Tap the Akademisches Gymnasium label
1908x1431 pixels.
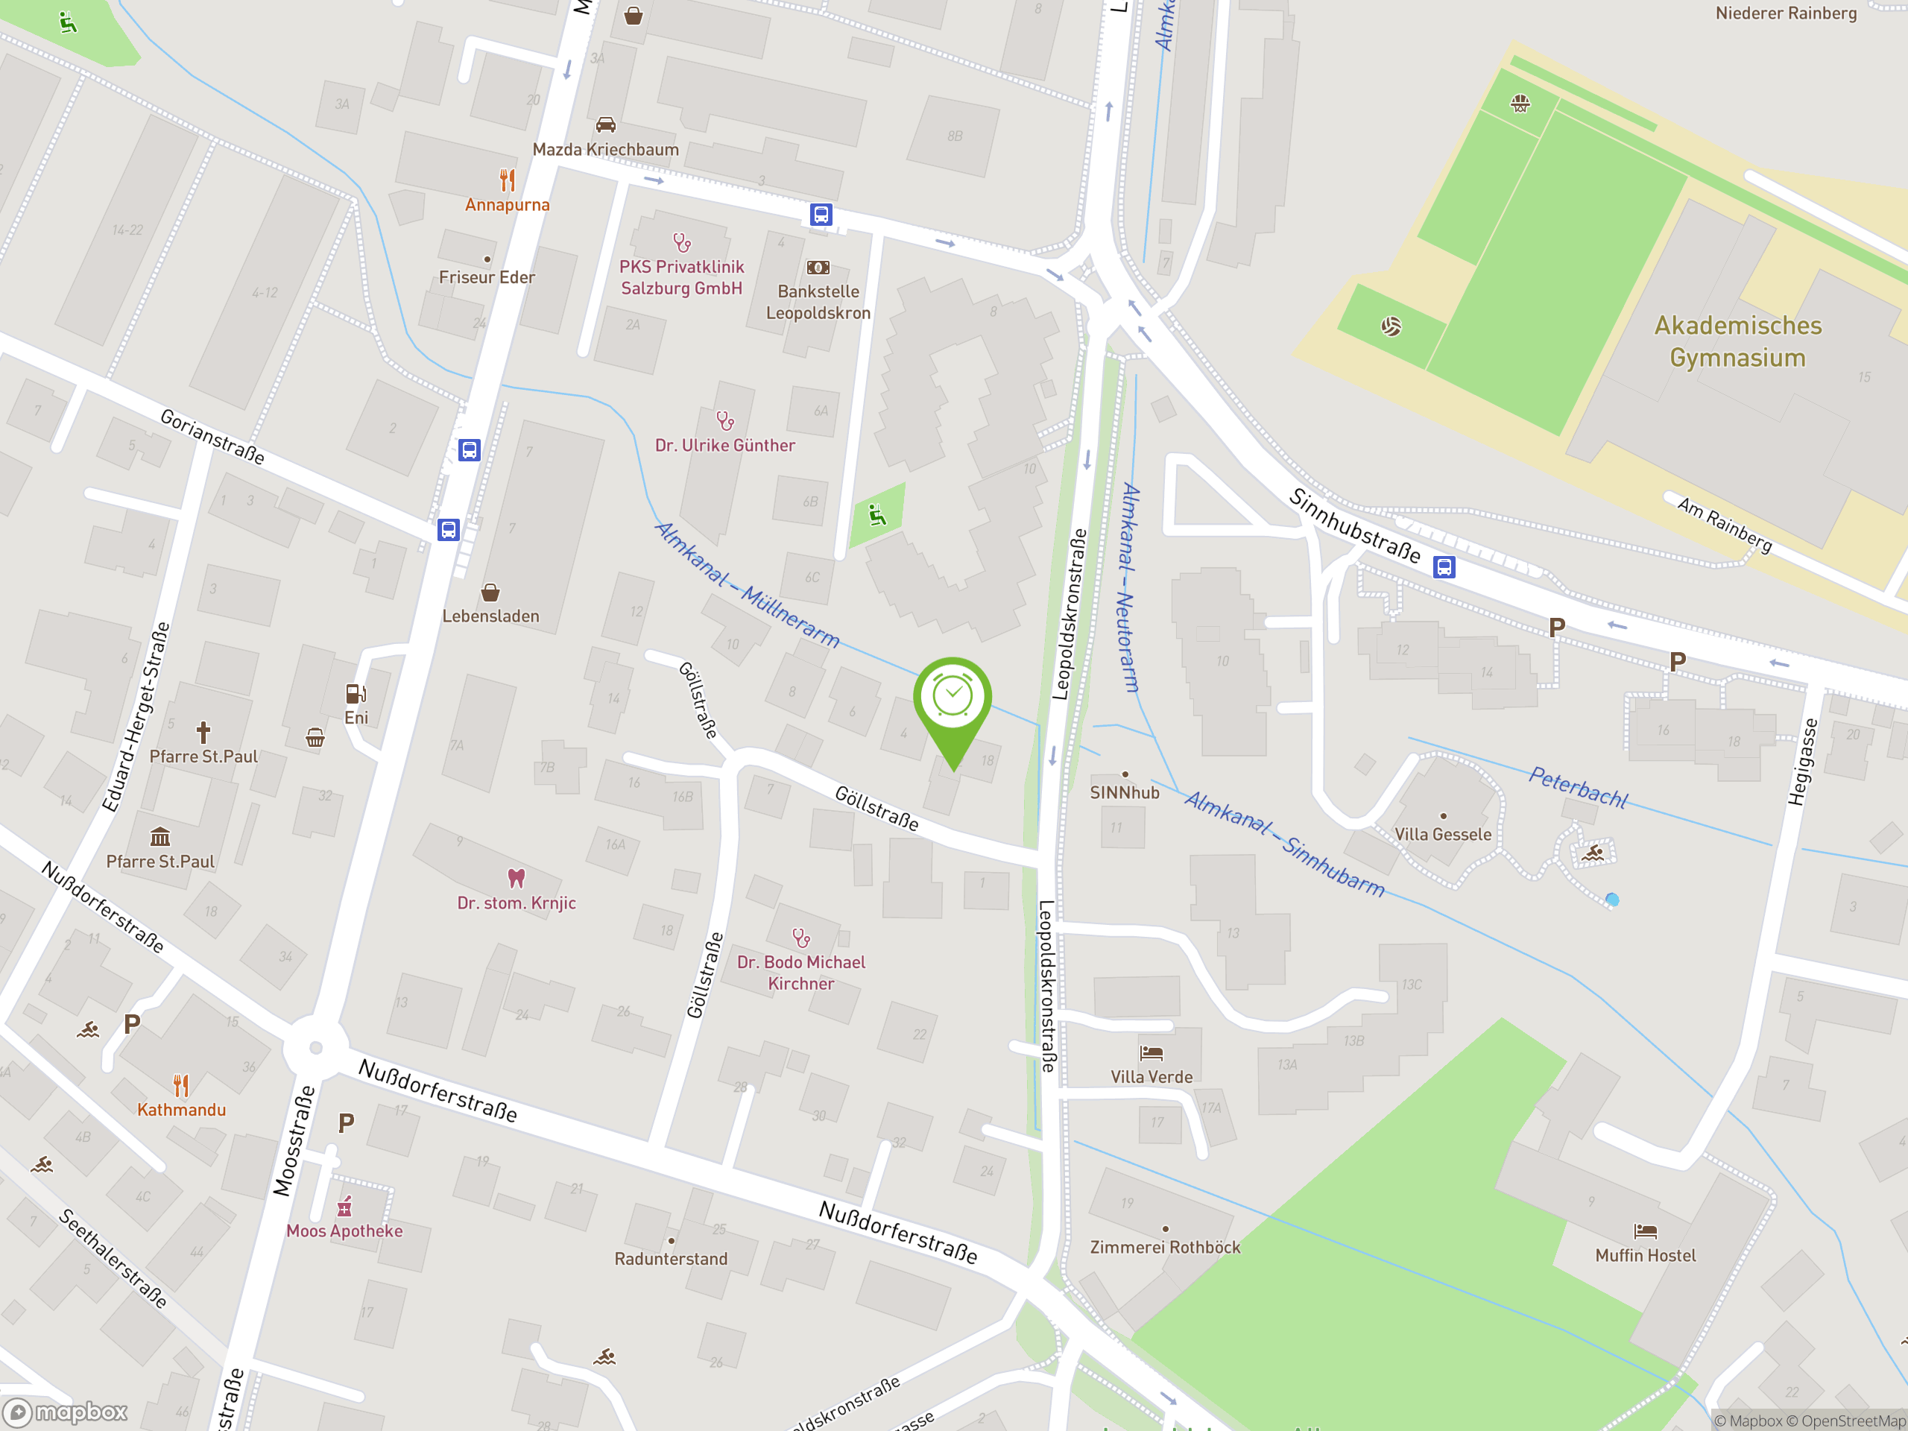pyautogui.click(x=1737, y=341)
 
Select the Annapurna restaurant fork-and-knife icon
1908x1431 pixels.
pyautogui.click(x=508, y=180)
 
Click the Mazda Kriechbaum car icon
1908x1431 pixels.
pyautogui.click(x=605, y=125)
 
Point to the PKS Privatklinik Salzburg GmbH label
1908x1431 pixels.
pyautogui.click(x=681, y=278)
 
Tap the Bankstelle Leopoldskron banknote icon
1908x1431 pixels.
pyautogui.click(x=818, y=268)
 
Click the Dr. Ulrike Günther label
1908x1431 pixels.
pyautogui.click(x=724, y=446)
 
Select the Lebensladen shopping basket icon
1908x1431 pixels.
pyautogui.click(x=490, y=593)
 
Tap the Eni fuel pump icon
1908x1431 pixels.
pyautogui.click(x=356, y=693)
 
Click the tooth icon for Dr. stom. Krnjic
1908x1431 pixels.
pyautogui.click(x=516, y=878)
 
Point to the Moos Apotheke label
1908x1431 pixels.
pyautogui.click(x=344, y=1231)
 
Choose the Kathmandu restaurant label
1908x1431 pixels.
pyautogui.click(x=181, y=1110)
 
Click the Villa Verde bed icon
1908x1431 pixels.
pyautogui.click(x=1152, y=1053)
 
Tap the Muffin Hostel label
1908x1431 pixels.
pyautogui.click(x=1645, y=1256)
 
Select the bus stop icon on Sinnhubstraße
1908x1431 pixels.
pyautogui.click(x=1444, y=566)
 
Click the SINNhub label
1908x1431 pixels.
pyautogui.click(x=1124, y=793)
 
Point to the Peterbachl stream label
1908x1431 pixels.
pyautogui.click(x=1578, y=786)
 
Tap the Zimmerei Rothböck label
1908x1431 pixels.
pyautogui.click(x=1164, y=1247)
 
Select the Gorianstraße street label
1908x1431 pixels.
pyautogui.click(x=212, y=437)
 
